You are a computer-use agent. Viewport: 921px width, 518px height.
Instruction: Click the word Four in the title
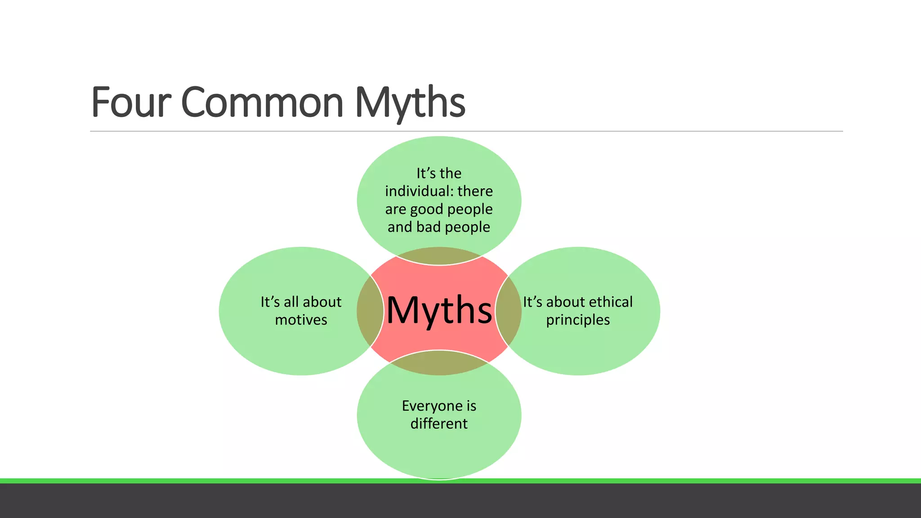coord(131,103)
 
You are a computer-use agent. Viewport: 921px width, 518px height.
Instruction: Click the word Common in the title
coord(262,103)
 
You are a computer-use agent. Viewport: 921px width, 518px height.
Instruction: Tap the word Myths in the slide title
coord(410,103)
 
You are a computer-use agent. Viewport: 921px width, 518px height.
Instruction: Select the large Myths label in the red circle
coord(439,310)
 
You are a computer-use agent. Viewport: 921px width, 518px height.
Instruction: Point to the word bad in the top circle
coord(428,227)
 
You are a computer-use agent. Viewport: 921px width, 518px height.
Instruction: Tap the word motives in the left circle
coord(301,320)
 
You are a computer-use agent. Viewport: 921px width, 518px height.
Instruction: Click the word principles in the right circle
coord(578,320)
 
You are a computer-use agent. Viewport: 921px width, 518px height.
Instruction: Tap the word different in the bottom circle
coord(439,424)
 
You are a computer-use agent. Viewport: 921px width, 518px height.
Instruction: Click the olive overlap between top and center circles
coord(439,256)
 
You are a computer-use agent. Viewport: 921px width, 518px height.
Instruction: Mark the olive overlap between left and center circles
coord(370,311)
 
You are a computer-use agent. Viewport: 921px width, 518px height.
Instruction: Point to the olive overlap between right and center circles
coord(508,311)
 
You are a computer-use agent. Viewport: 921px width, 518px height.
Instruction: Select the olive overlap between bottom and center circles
coord(439,363)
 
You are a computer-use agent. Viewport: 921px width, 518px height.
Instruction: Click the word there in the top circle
coord(475,191)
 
